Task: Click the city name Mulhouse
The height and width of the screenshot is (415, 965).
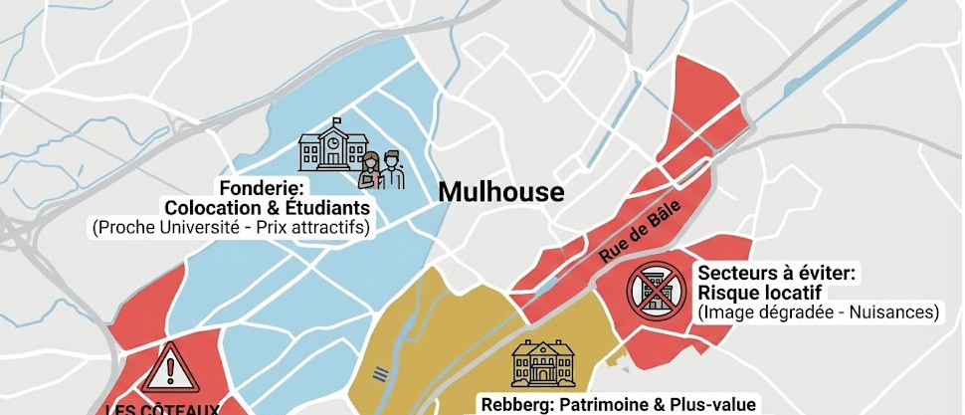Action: tap(501, 191)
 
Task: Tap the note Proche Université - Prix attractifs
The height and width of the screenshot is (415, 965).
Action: tap(231, 228)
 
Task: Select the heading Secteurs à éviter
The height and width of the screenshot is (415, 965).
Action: tap(779, 273)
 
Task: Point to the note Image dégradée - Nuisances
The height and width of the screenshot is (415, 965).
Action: tap(818, 312)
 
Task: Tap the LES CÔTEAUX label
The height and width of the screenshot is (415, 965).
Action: tap(162, 408)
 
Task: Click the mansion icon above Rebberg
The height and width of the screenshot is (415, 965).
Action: tap(542, 363)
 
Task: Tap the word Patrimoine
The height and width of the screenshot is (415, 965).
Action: tap(608, 405)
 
